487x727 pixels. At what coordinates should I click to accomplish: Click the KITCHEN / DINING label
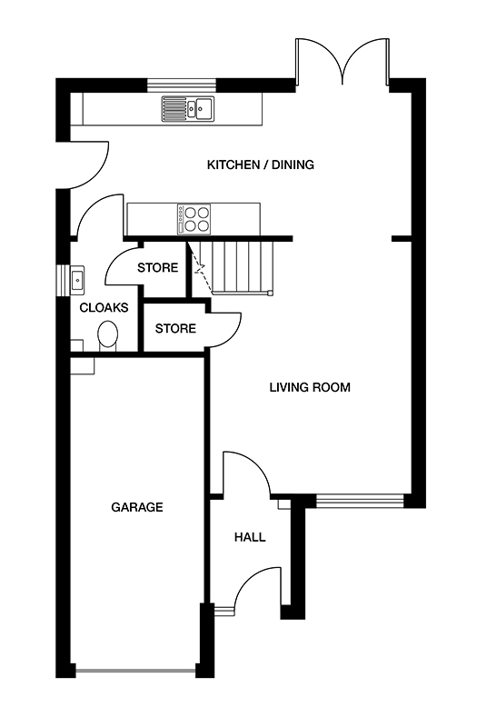click(261, 164)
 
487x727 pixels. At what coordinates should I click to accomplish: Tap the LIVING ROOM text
click(310, 387)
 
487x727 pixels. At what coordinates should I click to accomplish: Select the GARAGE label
click(137, 507)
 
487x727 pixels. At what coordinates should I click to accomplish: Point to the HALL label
click(250, 537)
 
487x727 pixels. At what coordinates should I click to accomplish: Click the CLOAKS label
click(104, 308)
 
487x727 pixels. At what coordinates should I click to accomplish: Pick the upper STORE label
click(157, 267)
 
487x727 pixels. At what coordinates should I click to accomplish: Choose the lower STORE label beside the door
click(175, 329)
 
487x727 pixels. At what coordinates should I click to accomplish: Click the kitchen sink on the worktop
click(188, 108)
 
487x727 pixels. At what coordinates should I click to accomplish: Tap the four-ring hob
click(194, 220)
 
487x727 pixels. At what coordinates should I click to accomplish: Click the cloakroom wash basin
click(77, 281)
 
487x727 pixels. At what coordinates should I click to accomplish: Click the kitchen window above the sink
click(182, 84)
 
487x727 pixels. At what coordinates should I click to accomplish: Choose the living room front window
click(360, 501)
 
